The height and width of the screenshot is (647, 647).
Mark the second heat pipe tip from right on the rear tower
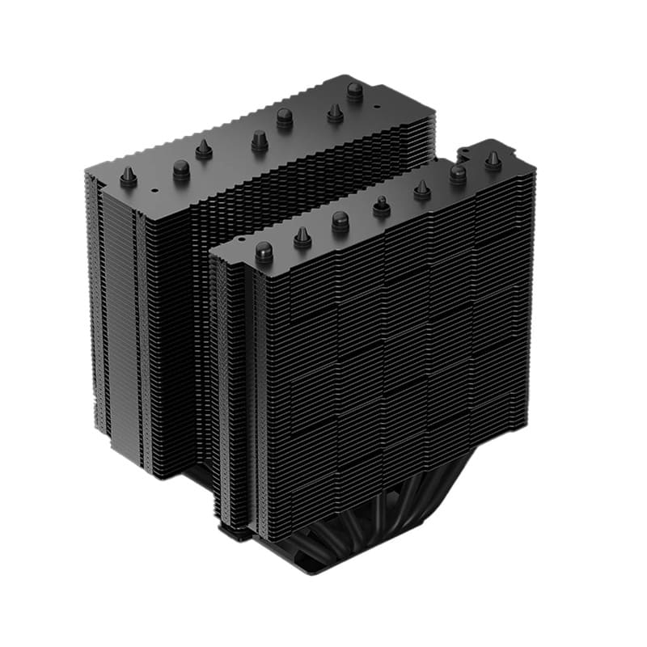point(335,113)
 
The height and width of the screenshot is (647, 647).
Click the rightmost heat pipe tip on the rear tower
point(355,91)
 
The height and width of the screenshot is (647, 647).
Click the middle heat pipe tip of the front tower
point(382,207)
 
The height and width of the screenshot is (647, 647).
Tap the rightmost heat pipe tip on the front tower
point(493,160)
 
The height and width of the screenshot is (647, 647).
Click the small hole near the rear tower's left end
point(153,191)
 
